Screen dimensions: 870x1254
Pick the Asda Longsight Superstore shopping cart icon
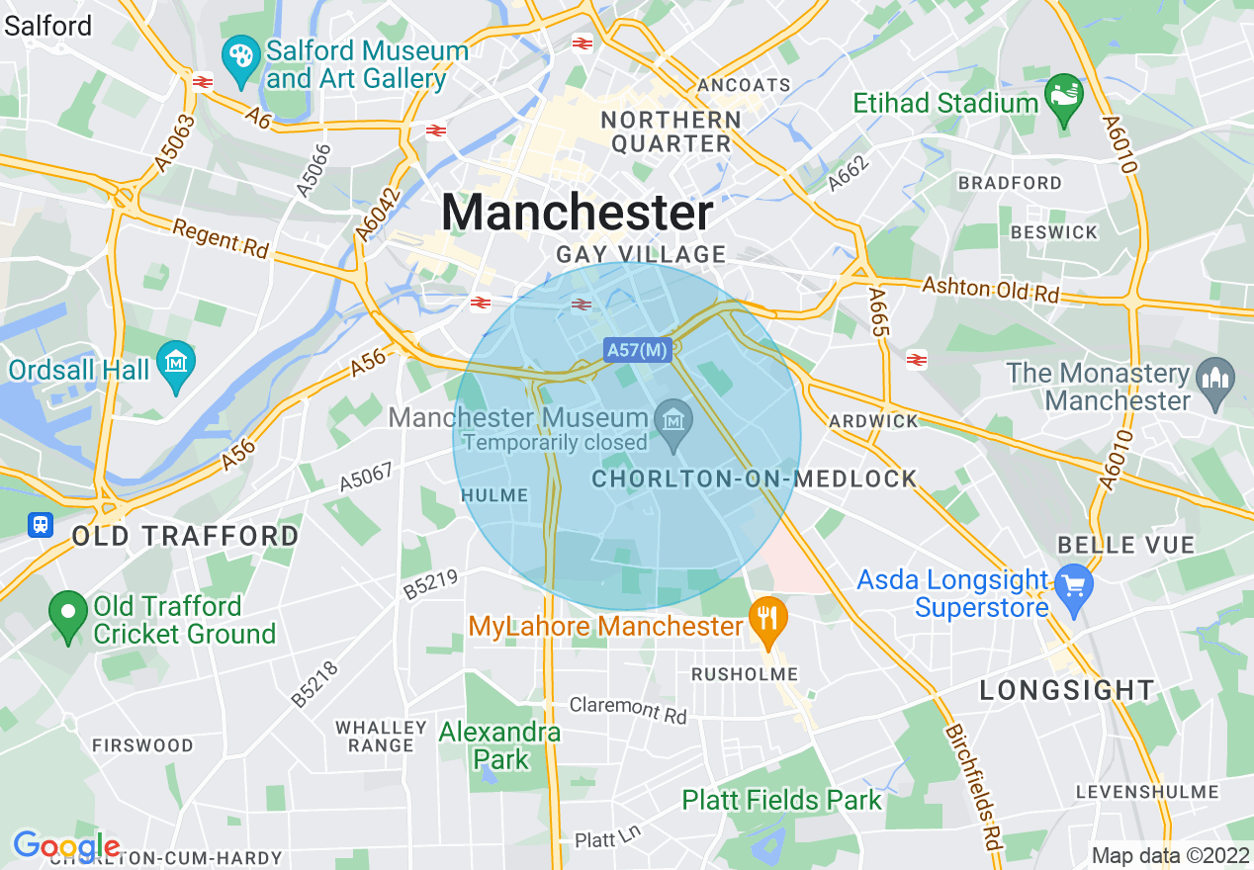[x=1072, y=584]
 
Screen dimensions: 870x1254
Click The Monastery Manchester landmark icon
[x=1213, y=380]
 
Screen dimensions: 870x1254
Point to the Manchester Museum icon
[x=673, y=421]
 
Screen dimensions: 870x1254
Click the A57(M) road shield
[x=637, y=349]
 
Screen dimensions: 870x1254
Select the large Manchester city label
[x=578, y=213]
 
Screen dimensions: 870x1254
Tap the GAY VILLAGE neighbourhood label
[x=641, y=254]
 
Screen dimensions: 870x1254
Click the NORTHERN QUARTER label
[x=672, y=131]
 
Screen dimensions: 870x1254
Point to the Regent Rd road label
[x=221, y=239]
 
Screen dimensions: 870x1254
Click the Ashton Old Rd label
[x=990, y=290]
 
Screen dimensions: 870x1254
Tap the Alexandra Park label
[x=500, y=745]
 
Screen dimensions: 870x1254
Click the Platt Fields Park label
[x=781, y=799]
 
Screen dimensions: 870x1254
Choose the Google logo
[x=66, y=846]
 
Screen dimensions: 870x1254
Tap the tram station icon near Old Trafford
[x=41, y=524]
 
